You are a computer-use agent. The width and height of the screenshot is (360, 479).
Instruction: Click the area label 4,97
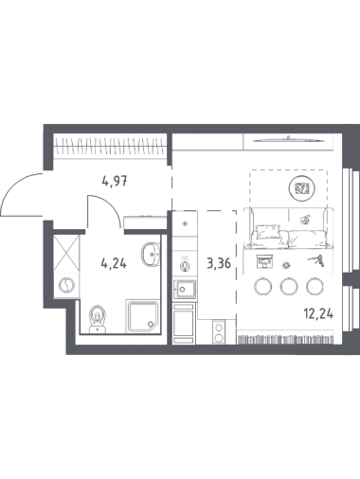pos(115,181)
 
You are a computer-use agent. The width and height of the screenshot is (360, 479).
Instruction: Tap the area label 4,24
pos(114,263)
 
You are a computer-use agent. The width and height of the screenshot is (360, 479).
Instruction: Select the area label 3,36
pos(219,263)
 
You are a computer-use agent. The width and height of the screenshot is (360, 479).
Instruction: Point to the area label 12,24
pos(318,314)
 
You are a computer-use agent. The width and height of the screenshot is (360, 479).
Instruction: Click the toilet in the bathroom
pos(98,319)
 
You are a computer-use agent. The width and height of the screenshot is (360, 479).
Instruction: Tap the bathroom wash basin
pos(152,254)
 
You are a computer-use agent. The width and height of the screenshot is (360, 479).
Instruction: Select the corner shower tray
pos(142,316)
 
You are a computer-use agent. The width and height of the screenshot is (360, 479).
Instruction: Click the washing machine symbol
pos(66,285)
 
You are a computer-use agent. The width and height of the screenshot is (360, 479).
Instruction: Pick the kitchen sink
pos(184,289)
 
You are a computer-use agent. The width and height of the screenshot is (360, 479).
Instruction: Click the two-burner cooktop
pos(219,331)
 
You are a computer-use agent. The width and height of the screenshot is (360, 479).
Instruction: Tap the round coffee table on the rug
pos(301,188)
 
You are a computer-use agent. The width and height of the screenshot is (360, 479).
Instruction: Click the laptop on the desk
pos(264,261)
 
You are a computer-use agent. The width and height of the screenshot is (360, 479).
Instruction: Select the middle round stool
pos(289,286)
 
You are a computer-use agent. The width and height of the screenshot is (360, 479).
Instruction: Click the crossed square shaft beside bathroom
pos(66,253)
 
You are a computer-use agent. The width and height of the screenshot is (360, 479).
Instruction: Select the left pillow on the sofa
pos(268,232)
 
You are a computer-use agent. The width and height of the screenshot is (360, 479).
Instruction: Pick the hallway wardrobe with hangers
pos(110,146)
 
